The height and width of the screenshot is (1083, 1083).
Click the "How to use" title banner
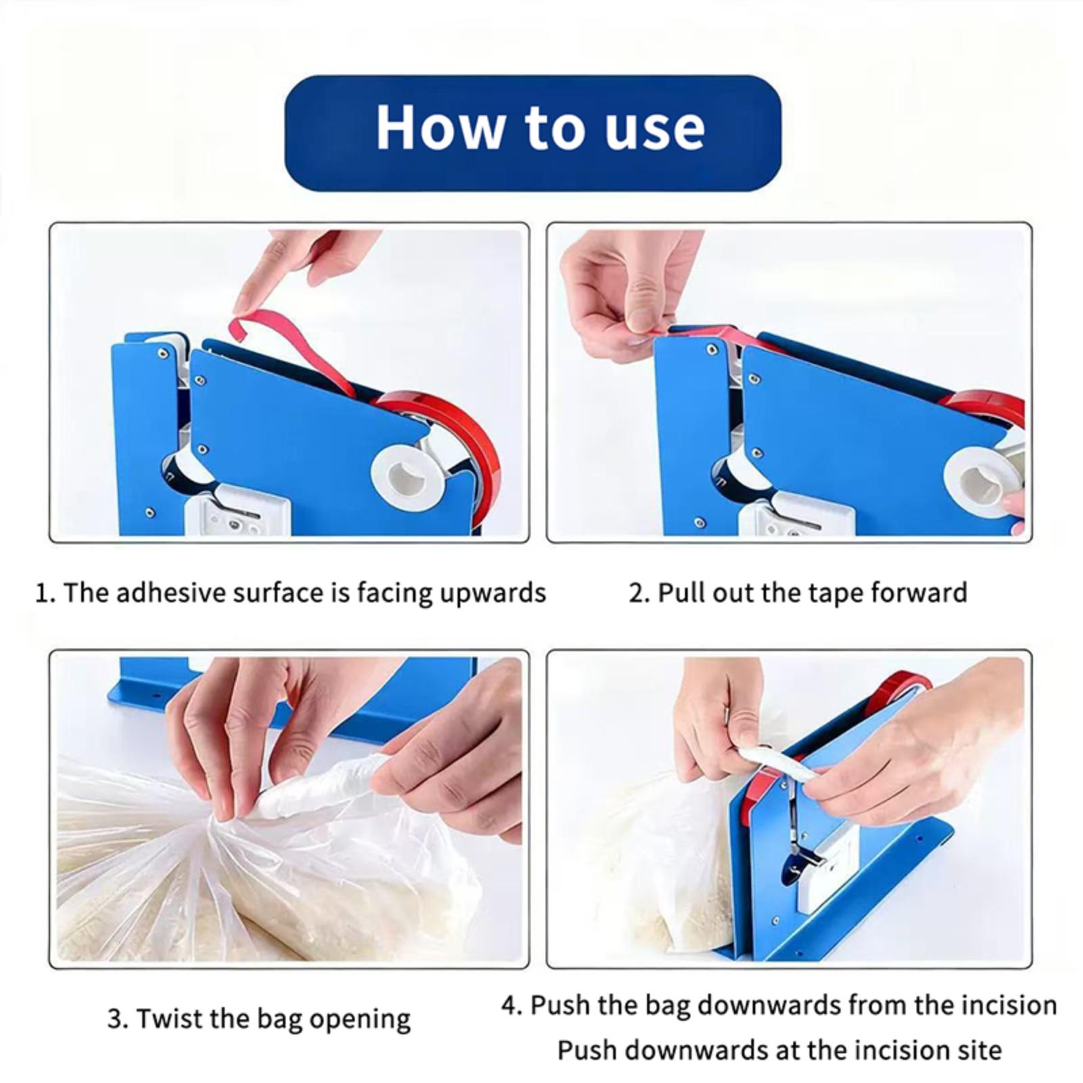(533, 133)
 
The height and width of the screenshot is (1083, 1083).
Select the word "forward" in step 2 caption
(919, 593)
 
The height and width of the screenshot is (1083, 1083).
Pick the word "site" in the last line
(979, 1051)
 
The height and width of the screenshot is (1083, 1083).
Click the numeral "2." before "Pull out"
(639, 594)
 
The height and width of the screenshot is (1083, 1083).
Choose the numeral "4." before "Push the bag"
(512, 1006)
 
